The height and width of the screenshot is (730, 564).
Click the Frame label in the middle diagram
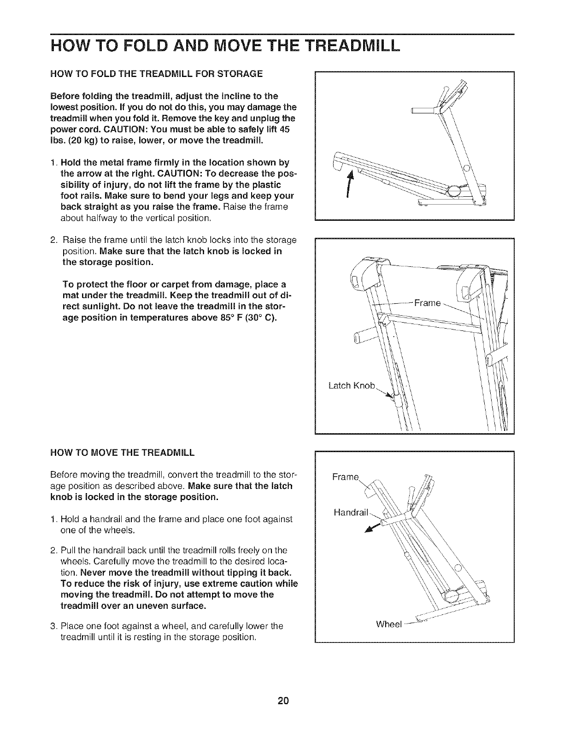click(428, 303)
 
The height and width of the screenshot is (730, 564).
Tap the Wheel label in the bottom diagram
click(389, 624)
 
